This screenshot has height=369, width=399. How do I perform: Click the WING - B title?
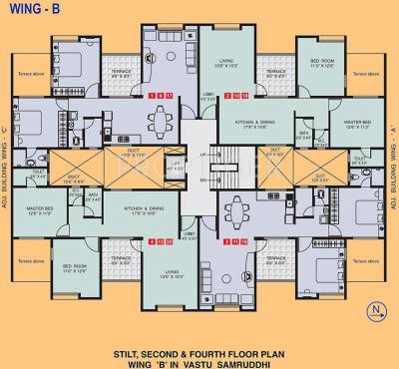(34, 12)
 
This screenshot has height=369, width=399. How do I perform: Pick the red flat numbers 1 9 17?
(161, 95)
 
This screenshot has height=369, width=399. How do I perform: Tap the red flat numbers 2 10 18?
(237, 95)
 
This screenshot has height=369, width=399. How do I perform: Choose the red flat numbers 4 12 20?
(161, 241)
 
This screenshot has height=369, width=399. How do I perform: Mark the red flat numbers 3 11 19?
(237, 241)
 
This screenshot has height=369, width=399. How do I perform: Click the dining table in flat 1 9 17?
(162, 124)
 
